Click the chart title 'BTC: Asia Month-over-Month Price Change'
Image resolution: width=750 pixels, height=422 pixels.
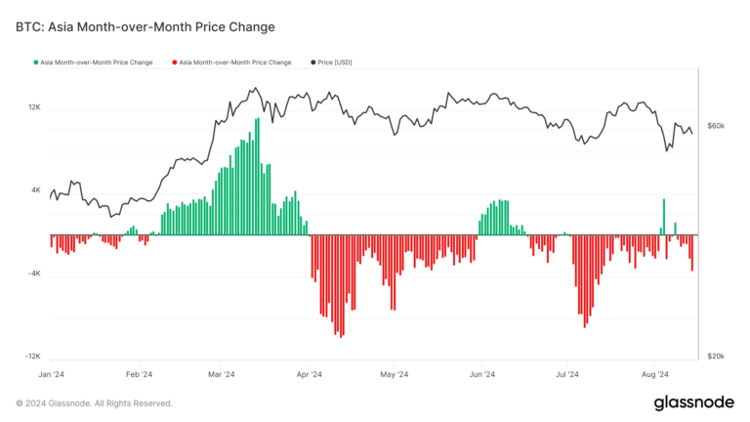tap(145, 26)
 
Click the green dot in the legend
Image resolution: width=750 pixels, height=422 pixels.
tap(36, 62)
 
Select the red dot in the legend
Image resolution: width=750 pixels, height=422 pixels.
tap(174, 62)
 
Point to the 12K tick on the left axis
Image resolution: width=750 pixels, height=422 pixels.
tap(34, 107)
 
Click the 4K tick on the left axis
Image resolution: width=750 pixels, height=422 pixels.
tap(36, 190)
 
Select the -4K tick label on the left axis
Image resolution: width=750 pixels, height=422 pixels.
tap(34, 274)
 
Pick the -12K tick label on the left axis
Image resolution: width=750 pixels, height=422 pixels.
tap(33, 358)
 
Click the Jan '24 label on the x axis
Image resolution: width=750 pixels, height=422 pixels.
tap(51, 374)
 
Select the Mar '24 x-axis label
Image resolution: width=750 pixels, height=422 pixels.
tap(222, 374)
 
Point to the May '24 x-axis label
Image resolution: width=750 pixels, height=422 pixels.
tap(394, 374)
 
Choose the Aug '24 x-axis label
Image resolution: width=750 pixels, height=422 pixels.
tap(654, 374)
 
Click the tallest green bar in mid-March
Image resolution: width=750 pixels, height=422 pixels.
tap(259, 176)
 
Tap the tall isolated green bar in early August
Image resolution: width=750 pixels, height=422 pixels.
tap(664, 217)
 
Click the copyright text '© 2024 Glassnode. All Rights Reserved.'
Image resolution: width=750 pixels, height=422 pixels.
tap(95, 403)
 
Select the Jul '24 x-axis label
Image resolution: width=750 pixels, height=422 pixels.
tap(567, 374)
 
